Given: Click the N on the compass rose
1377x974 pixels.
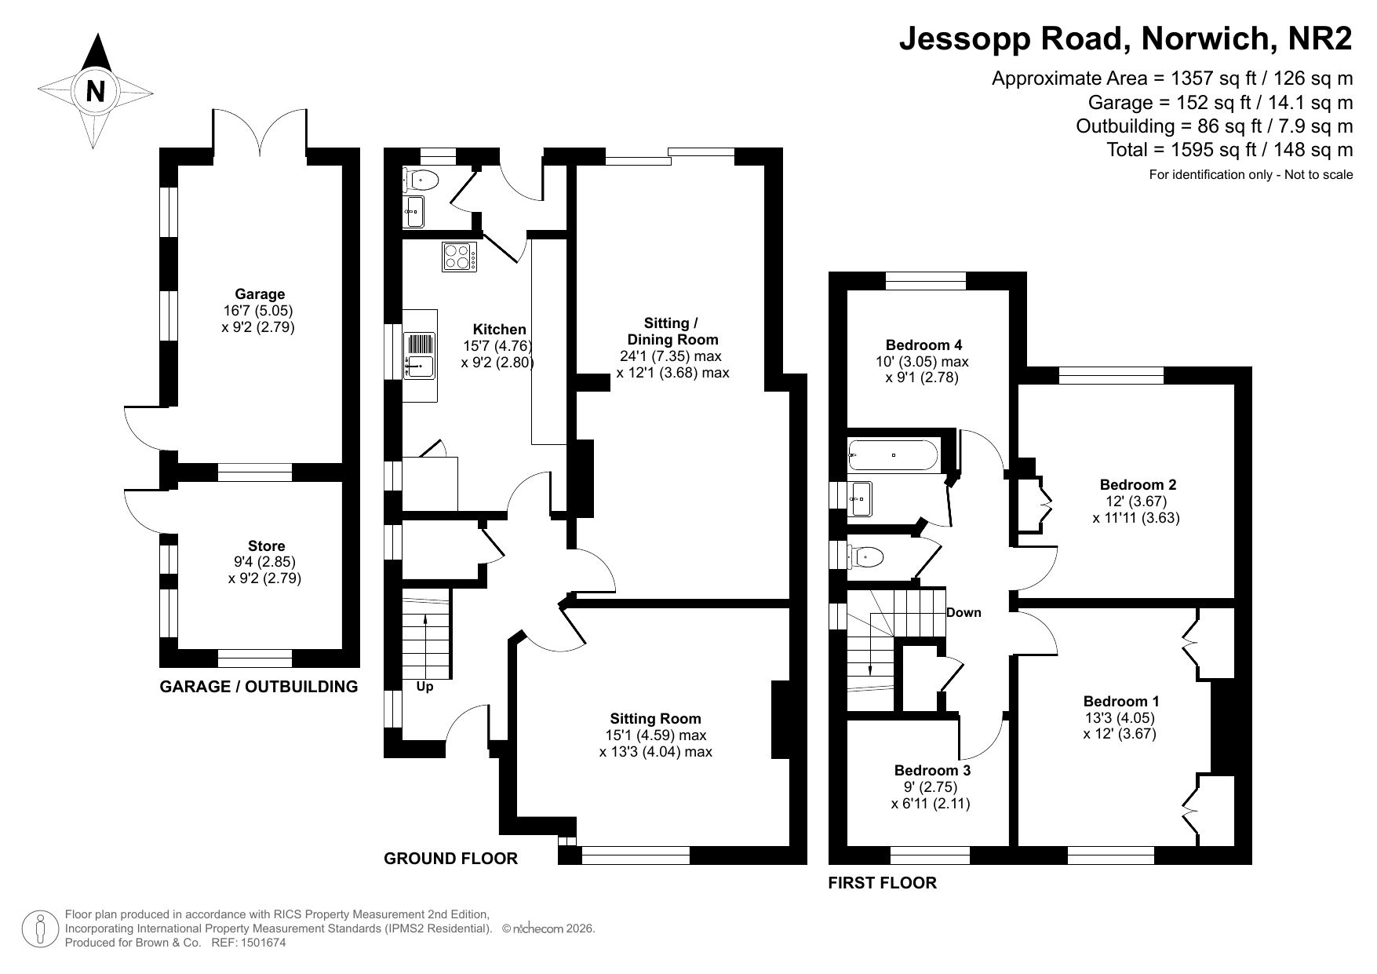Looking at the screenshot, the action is [x=96, y=92].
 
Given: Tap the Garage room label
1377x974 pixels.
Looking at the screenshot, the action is [x=260, y=294].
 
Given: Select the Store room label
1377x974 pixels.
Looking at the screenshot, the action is [x=267, y=545].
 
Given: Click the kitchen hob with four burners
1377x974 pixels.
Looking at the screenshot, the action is [x=460, y=257].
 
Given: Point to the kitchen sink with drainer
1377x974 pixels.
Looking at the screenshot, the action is [x=419, y=356].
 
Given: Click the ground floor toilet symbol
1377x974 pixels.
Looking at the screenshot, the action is [x=421, y=181].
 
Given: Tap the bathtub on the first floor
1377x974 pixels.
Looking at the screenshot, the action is [x=893, y=454].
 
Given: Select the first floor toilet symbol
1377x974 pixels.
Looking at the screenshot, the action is [x=865, y=557].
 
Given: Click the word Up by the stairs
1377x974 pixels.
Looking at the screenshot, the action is [x=424, y=687].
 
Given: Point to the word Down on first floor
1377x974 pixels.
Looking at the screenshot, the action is [x=964, y=612].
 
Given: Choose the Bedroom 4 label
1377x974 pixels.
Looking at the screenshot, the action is [x=923, y=345].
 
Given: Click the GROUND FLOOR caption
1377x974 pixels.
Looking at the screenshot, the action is [x=450, y=859].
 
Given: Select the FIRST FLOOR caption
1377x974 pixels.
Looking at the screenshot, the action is [x=883, y=883].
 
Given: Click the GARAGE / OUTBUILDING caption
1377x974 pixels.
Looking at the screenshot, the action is [x=259, y=687].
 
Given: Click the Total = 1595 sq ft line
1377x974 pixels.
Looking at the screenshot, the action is [x=1229, y=149].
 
